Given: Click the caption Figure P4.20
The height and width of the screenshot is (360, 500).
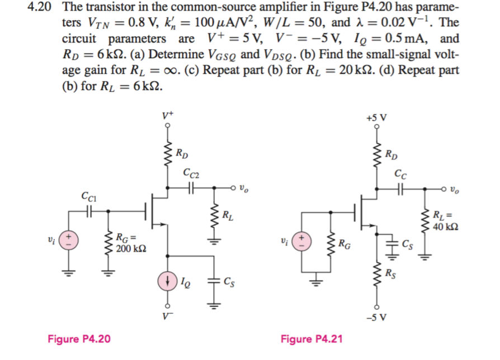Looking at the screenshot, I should pyautogui.click(x=79, y=339).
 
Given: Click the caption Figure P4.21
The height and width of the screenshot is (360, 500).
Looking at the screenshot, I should pyautogui.click(x=312, y=339).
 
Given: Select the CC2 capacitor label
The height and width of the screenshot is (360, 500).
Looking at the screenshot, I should pyautogui.click(x=190, y=174).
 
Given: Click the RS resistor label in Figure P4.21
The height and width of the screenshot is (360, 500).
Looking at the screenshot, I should pyautogui.click(x=392, y=274).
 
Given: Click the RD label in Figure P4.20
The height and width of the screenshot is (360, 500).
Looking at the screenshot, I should pyautogui.click(x=182, y=153).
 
